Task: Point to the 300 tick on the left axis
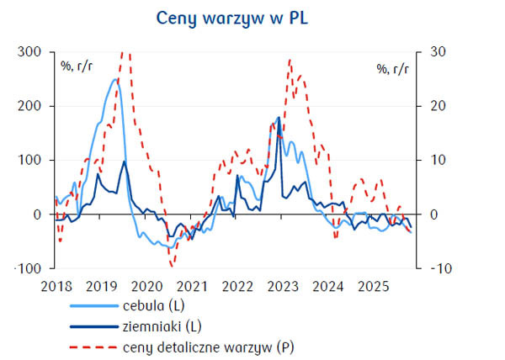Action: (x=27, y=52)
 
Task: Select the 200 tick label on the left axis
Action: (x=27, y=106)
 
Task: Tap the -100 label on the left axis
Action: (x=25, y=268)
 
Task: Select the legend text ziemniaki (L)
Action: (x=163, y=325)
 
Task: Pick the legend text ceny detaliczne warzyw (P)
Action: (x=210, y=345)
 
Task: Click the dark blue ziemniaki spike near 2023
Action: (x=279, y=118)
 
